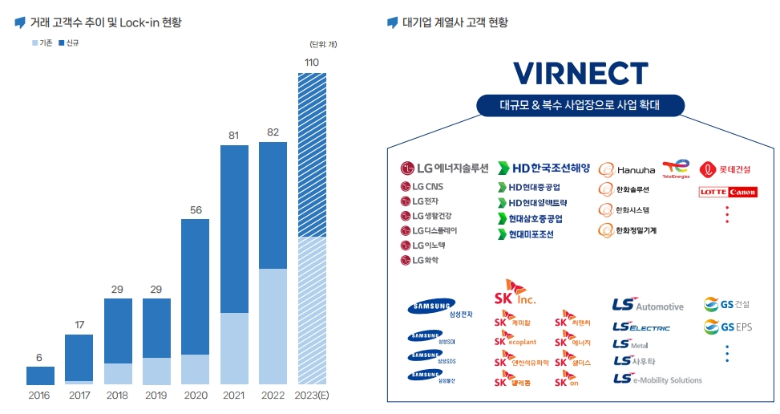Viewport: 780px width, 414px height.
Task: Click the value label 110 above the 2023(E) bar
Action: click(312, 63)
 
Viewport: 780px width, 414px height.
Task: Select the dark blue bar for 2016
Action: click(40, 375)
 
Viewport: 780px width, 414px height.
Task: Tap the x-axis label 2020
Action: click(196, 396)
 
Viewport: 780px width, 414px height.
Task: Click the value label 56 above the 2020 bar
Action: click(196, 210)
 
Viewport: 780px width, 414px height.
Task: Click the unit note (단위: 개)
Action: click(322, 44)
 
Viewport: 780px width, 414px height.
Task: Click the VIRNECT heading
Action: click(581, 72)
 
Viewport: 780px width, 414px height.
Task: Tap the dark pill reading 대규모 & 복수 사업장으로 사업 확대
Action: click(580, 105)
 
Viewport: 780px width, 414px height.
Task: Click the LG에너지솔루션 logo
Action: click(444, 168)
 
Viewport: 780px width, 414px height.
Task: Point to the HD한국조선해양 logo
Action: click(544, 168)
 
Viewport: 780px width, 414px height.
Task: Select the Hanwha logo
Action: click(626, 170)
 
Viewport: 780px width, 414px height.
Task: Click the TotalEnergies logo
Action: click(676, 168)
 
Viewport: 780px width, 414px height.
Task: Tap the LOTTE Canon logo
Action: click(727, 193)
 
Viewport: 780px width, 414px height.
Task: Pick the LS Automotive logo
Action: click(648, 306)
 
